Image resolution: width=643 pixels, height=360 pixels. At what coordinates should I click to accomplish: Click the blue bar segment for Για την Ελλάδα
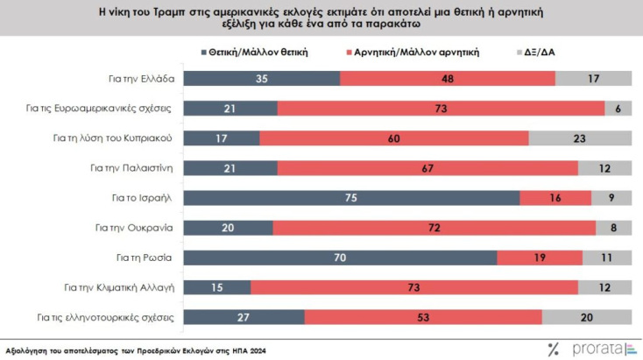[x=262, y=79]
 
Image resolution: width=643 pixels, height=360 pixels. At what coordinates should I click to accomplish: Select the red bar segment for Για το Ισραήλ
[x=555, y=198]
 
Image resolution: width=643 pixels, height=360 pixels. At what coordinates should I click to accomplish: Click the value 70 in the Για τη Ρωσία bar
[x=343, y=258]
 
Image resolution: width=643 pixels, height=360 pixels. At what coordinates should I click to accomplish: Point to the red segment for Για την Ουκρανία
[x=435, y=228]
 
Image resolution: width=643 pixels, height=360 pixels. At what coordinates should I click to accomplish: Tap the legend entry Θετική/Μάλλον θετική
[x=259, y=52]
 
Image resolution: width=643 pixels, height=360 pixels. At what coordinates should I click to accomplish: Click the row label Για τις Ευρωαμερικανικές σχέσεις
[x=124, y=109]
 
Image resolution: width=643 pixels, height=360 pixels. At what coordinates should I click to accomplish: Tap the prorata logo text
[x=597, y=349]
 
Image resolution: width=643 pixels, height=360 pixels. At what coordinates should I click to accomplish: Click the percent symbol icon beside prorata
[x=553, y=349]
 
